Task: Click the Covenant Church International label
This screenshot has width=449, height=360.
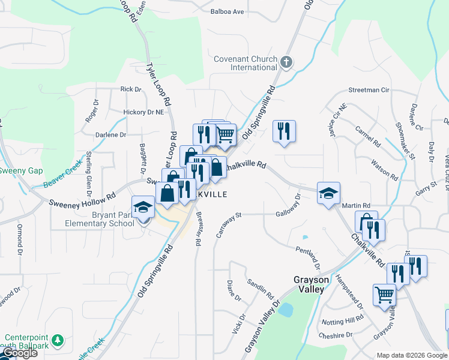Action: click(x=246, y=63)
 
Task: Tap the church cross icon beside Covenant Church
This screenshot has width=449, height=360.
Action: click(x=286, y=62)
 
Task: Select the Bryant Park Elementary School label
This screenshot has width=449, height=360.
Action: click(x=100, y=219)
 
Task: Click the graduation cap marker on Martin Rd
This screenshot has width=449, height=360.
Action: click(x=328, y=194)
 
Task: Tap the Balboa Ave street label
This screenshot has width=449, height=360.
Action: click(x=228, y=11)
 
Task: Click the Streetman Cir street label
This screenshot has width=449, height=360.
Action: click(x=369, y=90)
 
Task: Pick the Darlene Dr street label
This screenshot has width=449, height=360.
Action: click(x=110, y=135)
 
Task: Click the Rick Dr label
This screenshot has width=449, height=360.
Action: click(x=130, y=89)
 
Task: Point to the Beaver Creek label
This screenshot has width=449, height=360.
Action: click(x=62, y=174)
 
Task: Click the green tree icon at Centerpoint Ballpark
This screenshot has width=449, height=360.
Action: click(x=57, y=340)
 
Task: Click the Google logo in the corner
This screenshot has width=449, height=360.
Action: click(x=19, y=353)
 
